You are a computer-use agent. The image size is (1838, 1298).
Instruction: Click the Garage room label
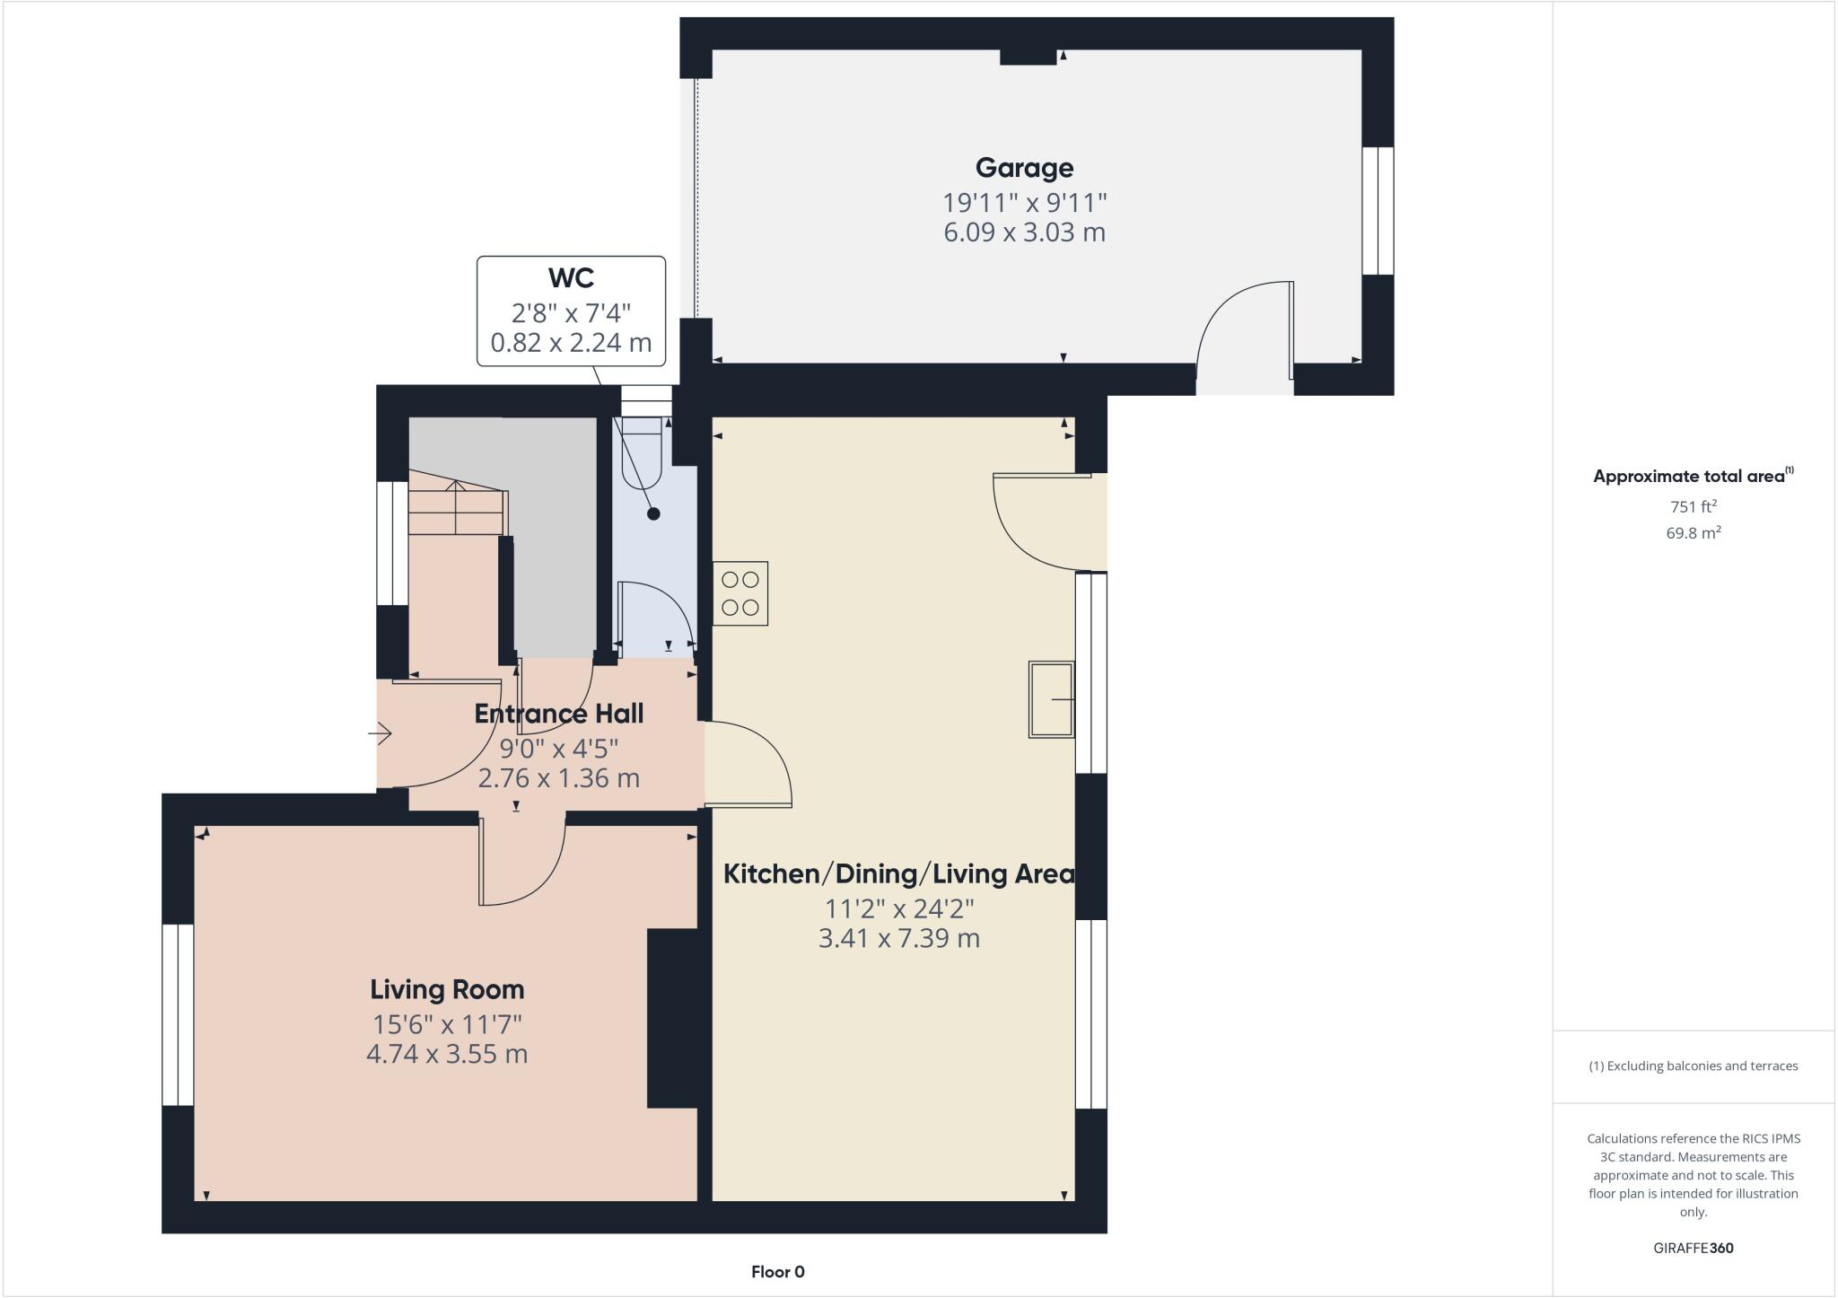(1024, 168)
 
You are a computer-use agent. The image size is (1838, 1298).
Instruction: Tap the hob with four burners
(740, 593)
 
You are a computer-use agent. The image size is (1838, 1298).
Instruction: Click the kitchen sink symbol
(1051, 699)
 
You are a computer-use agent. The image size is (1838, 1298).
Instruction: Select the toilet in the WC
(643, 452)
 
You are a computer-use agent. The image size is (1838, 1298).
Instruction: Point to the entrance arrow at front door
(381, 734)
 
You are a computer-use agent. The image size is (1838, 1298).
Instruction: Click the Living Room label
(447, 989)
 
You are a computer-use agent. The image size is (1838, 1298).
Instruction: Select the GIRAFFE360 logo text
(1693, 1248)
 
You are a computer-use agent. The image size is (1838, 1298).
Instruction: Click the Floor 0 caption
(777, 1271)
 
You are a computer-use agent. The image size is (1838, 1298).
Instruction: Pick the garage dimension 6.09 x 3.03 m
(1024, 232)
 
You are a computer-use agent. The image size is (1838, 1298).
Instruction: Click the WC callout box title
(571, 277)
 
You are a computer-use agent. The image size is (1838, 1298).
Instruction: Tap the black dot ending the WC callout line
(653, 513)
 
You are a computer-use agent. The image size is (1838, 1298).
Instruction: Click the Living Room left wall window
(178, 1014)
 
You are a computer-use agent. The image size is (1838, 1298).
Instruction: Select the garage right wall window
(1378, 211)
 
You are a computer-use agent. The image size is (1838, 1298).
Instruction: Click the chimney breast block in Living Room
(673, 1018)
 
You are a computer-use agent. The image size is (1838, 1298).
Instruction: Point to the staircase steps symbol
(456, 510)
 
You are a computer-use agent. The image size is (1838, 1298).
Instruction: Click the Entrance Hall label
(558, 714)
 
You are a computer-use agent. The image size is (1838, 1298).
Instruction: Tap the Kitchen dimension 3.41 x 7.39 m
(898, 939)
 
